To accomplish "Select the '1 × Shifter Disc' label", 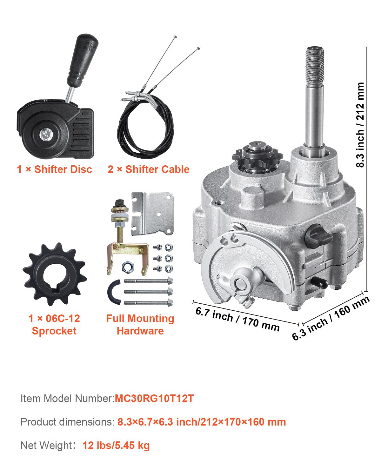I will click(x=54, y=169).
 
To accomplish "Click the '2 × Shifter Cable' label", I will click(x=148, y=169).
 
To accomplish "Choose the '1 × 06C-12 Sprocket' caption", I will click(x=54, y=325).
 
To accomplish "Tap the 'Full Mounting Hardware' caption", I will click(x=140, y=325).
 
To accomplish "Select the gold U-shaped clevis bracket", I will click(x=127, y=254).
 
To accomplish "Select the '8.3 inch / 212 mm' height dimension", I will click(x=360, y=125).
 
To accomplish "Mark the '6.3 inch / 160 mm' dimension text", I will click(x=331, y=318).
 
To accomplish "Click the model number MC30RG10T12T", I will click(x=154, y=399).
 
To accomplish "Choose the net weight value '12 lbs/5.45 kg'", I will click(x=116, y=446).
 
